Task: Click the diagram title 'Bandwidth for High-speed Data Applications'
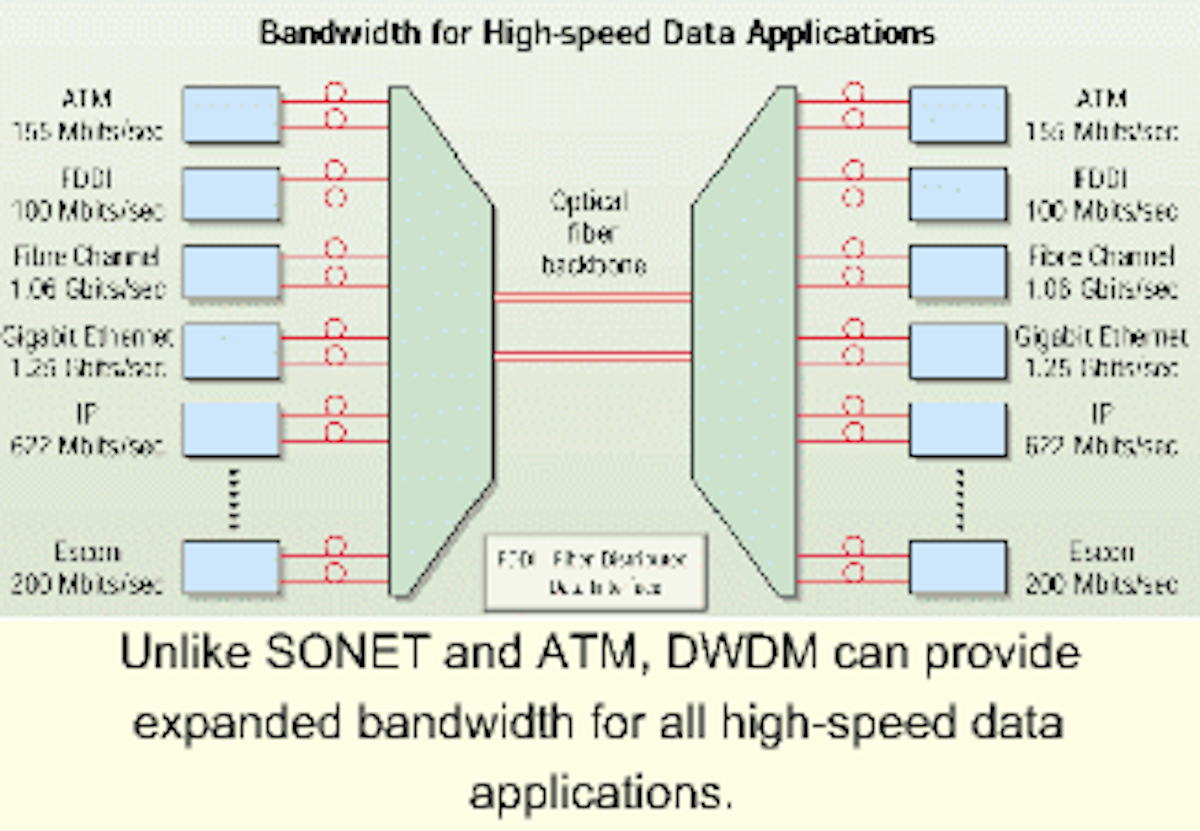click(597, 33)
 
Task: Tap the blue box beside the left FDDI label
click(231, 194)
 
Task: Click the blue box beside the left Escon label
click(231, 567)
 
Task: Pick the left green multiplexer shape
click(440, 340)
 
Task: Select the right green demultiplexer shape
click(745, 340)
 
